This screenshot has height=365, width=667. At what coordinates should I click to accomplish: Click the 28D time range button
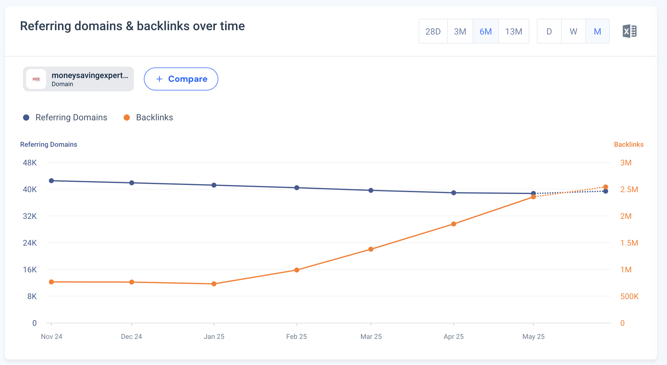(x=433, y=31)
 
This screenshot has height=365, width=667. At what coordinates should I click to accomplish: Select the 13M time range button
(x=513, y=31)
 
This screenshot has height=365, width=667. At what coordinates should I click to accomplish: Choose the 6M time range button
(x=485, y=31)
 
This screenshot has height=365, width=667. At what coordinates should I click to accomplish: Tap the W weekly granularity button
(x=573, y=31)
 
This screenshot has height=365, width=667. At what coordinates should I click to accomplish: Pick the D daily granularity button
(x=549, y=31)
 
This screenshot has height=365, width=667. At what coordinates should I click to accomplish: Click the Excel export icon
(x=629, y=31)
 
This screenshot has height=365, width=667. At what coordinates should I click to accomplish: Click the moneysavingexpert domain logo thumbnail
(x=36, y=79)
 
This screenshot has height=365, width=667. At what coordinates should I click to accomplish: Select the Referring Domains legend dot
(x=26, y=118)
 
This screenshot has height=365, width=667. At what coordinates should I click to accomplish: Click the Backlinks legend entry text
(x=154, y=118)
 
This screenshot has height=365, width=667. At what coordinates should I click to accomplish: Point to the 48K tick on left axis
(x=30, y=163)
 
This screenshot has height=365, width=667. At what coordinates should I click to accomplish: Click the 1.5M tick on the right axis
(x=629, y=243)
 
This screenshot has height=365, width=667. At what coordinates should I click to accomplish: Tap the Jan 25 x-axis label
(x=214, y=336)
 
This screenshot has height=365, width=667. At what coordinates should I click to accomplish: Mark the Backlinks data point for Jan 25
(x=214, y=284)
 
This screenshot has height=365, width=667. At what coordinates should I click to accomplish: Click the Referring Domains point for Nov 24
(x=52, y=181)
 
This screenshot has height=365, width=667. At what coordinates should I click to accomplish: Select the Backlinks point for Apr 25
(x=454, y=224)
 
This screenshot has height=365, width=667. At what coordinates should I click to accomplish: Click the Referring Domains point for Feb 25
(x=297, y=188)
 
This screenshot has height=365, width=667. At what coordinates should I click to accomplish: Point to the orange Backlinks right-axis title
(x=628, y=144)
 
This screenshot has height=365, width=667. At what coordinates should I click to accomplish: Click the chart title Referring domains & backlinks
(x=132, y=26)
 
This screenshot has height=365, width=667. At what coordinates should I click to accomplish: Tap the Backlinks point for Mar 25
(x=371, y=249)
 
